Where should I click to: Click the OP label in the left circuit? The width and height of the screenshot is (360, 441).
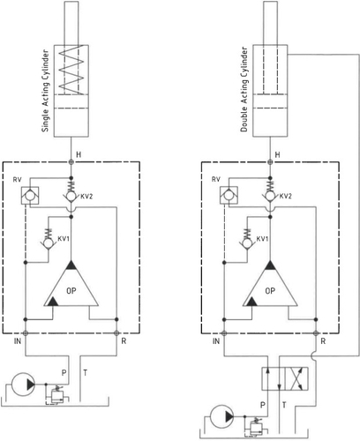[71, 291]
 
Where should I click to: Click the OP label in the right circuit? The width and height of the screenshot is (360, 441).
[270, 291]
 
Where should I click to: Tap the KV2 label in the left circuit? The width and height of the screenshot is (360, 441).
[86, 196]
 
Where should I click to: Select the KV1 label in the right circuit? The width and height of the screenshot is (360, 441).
[262, 239]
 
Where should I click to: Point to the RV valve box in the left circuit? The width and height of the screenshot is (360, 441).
[30, 196]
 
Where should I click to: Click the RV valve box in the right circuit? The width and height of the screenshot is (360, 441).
[229, 196]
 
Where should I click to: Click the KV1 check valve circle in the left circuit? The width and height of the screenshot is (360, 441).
[48, 243]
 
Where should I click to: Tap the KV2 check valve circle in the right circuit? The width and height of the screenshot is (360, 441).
[269, 196]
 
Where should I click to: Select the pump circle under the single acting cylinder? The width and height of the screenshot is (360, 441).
[23, 385]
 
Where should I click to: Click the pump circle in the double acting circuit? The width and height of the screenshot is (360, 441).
[222, 416]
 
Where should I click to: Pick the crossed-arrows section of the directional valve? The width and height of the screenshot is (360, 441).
[296, 378]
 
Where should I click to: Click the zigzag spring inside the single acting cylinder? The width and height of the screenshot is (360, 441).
[72, 70]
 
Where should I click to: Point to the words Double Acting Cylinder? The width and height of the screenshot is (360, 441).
[244, 89]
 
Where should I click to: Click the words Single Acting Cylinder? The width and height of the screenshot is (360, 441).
[45, 91]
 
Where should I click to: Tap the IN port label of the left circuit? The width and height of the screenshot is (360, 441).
[18, 341]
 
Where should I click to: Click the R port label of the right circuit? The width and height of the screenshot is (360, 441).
[323, 341]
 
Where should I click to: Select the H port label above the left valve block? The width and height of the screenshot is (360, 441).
[79, 154]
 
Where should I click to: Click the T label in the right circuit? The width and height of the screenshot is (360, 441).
[284, 405]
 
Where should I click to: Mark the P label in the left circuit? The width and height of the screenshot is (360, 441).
[64, 373]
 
